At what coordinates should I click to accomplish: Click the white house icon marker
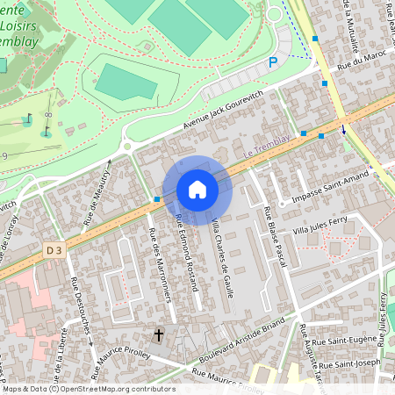click(197, 190)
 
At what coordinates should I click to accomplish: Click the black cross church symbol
click(159, 334)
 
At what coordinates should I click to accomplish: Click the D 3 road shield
click(54, 252)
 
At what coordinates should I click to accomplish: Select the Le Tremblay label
click(261, 151)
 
